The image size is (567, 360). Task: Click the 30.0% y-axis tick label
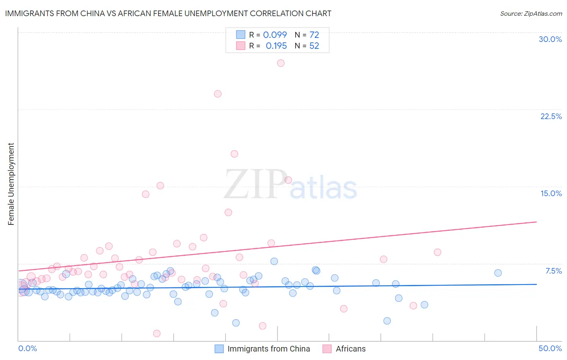click(550, 39)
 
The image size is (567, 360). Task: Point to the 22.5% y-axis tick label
click(551, 116)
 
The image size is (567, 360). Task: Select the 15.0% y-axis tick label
click(551, 193)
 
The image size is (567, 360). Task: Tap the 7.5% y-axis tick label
click(553, 271)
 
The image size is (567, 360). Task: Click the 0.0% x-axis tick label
click(27, 348)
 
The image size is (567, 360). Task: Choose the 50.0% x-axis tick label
click(550, 348)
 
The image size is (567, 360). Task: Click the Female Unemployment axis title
click(11, 184)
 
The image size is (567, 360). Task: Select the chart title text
click(168, 13)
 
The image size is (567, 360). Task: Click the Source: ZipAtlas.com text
click(531, 13)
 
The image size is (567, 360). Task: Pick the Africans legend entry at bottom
click(350, 349)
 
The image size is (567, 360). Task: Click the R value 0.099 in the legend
click(275, 35)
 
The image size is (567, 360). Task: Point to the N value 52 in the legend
click(314, 46)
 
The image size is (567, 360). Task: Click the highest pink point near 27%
click(281, 63)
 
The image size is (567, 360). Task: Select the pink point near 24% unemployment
click(218, 94)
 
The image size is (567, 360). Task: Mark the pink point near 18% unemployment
click(234, 154)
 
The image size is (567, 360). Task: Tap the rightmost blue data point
click(498, 273)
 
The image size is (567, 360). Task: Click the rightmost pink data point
click(438, 252)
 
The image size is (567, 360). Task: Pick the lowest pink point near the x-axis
click(157, 333)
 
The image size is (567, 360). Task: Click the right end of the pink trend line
click(536, 222)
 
